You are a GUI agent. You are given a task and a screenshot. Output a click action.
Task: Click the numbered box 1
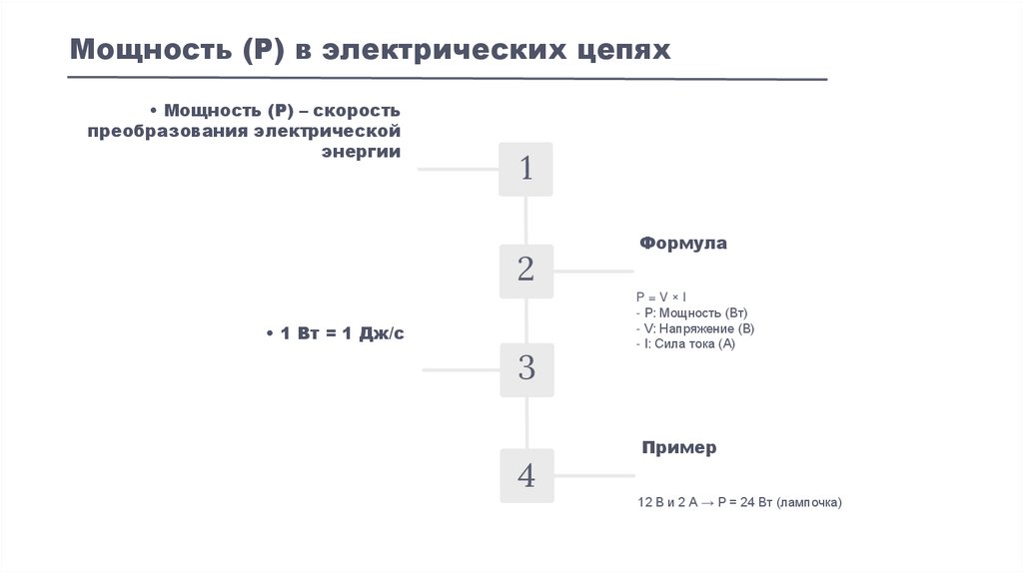coord(525,169)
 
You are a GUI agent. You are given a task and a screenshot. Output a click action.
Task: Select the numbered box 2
coord(525,270)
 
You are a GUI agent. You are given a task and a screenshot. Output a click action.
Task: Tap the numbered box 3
coord(525,369)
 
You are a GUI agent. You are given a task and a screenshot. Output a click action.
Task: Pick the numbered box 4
coord(525,475)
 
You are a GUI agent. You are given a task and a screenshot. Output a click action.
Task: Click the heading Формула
coord(683,244)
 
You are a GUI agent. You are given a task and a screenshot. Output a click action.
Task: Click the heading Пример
coord(678,448)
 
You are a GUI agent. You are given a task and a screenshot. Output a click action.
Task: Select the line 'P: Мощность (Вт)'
coord(690,312)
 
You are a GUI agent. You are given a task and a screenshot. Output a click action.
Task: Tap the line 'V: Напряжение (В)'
coord(694,328)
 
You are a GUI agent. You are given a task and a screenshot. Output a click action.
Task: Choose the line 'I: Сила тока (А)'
coord(684,343)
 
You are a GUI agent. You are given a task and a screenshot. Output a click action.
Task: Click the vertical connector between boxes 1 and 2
coord(526,220)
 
